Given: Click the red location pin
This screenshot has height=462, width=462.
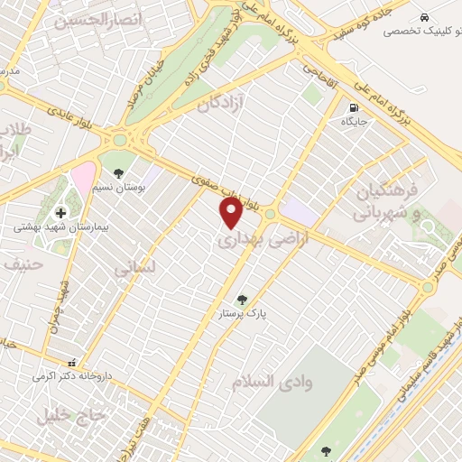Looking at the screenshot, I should tap(232, 213).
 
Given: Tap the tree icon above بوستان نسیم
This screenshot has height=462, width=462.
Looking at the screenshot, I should tap(118, 172).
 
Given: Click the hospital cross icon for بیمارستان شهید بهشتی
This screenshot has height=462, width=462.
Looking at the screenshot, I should tap(60, 213).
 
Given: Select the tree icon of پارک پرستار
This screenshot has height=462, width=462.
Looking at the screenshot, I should tap(241, 300).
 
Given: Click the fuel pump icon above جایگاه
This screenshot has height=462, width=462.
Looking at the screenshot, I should tap(352, 108).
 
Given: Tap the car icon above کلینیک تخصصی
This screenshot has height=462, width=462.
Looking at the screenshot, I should tap(424, 17).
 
